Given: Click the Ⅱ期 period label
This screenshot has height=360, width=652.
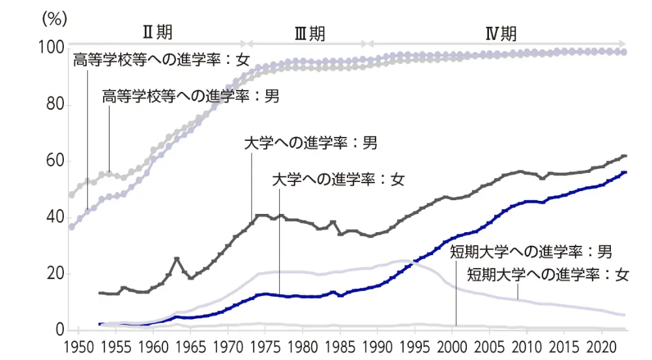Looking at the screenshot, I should point(157,32).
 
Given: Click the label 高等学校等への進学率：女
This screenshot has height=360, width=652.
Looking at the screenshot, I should point(161,62).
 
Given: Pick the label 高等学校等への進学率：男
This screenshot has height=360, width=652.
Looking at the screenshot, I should point(190,97).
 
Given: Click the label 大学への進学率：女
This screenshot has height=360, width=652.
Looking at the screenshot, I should point(338,179).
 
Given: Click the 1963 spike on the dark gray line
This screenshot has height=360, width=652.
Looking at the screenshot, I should point(176,259).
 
